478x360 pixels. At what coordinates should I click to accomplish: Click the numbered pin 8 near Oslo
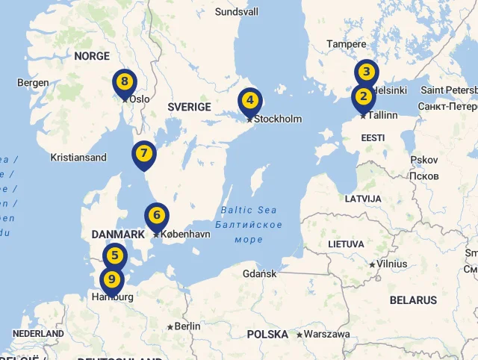pos(125,81)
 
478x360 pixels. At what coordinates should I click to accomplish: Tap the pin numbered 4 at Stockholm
pos(250,100)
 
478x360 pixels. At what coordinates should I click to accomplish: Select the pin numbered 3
pos(366,72)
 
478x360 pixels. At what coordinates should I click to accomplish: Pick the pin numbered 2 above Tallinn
pos(364,96)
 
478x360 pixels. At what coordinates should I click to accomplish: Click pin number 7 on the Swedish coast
pos(144,154)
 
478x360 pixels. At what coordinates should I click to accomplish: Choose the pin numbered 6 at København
pos(157,216)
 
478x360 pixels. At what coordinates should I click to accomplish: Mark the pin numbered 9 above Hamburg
pos(112,280)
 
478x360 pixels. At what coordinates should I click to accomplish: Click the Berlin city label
pos(187,326)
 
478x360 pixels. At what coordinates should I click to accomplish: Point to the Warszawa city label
pos(327,334)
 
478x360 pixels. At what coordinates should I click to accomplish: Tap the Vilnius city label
pos(392,264)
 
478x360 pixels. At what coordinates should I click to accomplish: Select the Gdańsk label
pos(260,274)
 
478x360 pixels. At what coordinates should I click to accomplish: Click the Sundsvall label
pos(236,12)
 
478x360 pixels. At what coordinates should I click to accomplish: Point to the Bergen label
pos(33,83)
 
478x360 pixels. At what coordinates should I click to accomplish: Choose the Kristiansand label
pos(78,158)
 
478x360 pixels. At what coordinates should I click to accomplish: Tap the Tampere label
pos(346,44)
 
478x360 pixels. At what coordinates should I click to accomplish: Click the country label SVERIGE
pos(189,107)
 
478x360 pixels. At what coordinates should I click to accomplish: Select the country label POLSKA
pos(267,334)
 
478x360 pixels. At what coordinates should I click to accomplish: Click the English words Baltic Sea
pos(249,210)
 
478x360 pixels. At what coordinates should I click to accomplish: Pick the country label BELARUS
pos(413,300)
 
